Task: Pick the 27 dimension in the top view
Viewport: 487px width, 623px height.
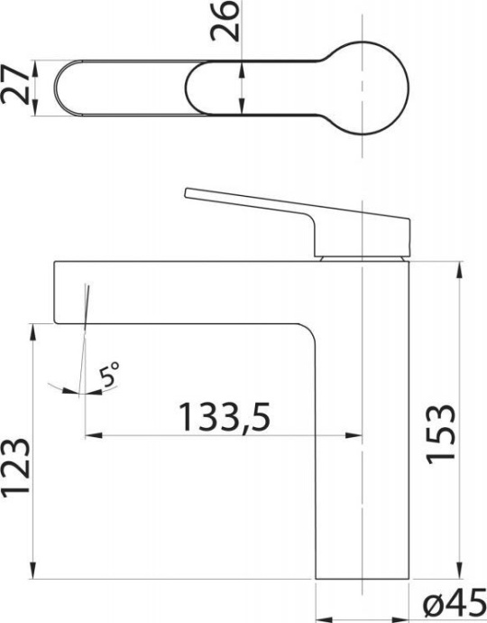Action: point(14,88)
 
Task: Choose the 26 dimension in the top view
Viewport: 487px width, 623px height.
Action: point(229,23)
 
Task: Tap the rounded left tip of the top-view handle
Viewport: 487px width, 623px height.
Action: point(62,88)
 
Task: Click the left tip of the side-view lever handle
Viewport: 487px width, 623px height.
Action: point(187,193)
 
